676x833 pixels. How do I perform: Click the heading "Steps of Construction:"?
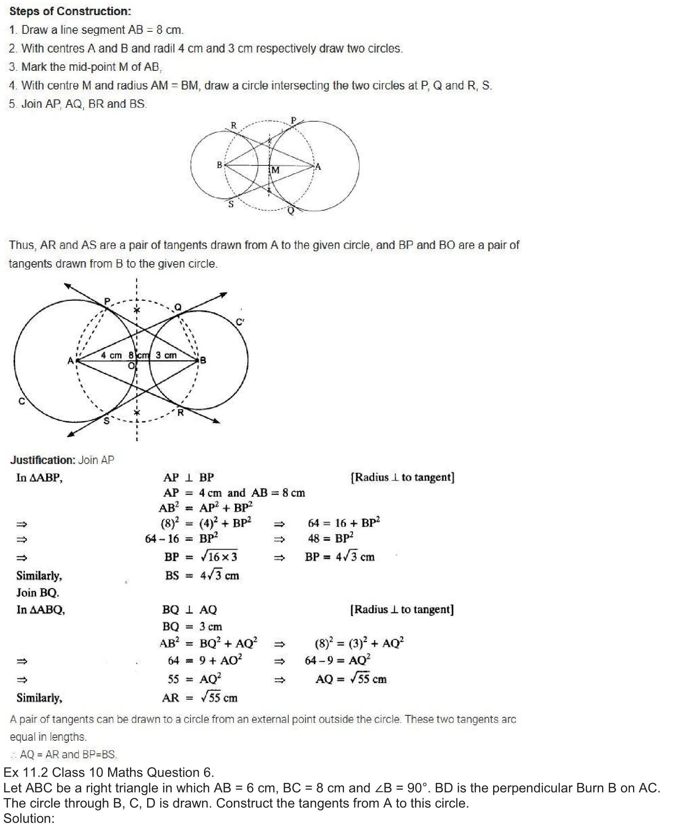click(70, 11)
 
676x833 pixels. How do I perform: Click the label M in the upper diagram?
click(275, 170)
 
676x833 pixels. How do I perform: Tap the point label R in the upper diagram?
click(234, 126)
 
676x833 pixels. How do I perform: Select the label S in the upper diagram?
click(231, 204)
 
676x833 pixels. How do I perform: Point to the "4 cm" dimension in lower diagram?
click(111, 355)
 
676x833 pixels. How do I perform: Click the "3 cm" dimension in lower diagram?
click(166, 355)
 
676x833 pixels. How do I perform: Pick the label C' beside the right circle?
click(240, 322)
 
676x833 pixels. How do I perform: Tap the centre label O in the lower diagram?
click(131, 366)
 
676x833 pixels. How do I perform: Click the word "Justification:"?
click(43, 460)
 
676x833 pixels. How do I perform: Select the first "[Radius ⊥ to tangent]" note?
click(402, 477)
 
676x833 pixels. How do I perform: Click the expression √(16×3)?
click(219, 557)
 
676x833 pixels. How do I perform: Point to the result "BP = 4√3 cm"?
click(340, 557)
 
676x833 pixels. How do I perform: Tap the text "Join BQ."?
click(38, 593)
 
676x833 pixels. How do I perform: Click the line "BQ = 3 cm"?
click(192, 627)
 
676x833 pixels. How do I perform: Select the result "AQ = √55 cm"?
click(351, 679)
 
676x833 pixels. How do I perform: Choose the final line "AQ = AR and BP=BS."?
click(68, 754)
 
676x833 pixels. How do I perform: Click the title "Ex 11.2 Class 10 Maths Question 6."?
click(109, 772)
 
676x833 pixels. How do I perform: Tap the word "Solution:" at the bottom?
click(29, 818)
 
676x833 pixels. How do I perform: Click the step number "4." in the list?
click(13, 85)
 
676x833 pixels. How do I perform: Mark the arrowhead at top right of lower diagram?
click(223, 295)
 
